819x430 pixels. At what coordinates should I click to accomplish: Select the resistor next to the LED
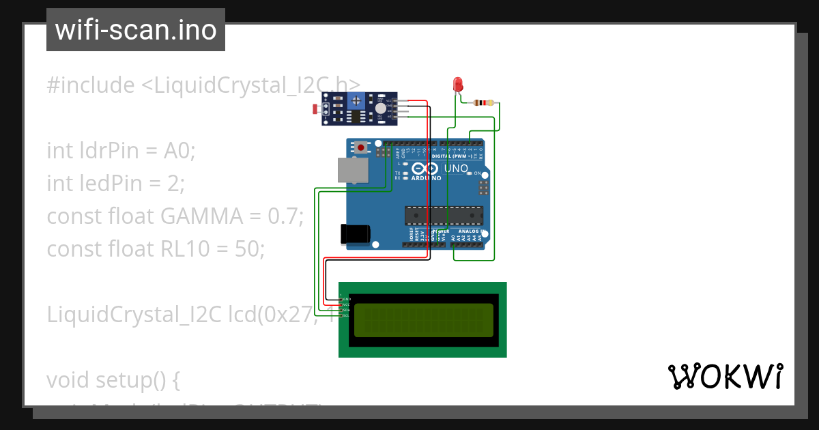tap(484, 103)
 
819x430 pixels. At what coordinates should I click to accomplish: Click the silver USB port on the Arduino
tap(353, 171)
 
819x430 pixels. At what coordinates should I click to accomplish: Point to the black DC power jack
tap(355, 234)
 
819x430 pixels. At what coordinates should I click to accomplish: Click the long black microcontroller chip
tap(444, 216)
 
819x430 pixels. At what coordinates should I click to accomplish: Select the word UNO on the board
tap(456, 169)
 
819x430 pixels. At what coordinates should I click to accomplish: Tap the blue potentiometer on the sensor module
tap(355, 102)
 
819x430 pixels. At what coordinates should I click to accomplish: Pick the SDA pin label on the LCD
tap(346, 310)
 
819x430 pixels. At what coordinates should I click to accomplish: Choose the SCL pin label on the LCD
tap(346, 315)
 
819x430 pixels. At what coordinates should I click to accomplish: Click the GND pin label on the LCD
tap(346, 299)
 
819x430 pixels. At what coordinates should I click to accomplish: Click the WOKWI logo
tap(725, 376)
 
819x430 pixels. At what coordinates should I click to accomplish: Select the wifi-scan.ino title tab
tap(136, 30)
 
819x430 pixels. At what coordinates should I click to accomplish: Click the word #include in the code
tap(91, 85)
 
